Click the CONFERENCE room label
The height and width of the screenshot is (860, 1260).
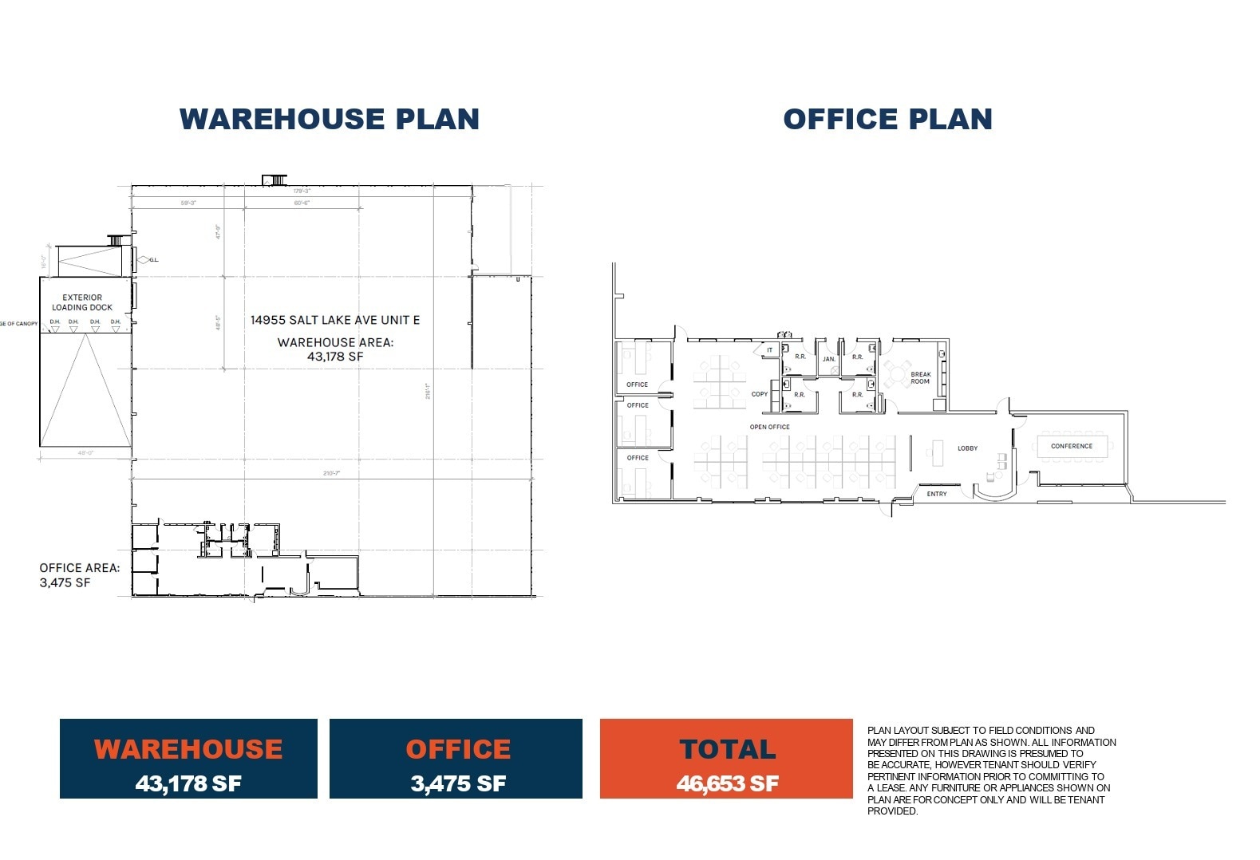click(x=1071, y=446)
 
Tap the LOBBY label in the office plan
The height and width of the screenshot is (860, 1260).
click(x=967, y=448)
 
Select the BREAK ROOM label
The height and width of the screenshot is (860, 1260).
click(x=920, y=377)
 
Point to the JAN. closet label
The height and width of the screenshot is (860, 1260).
click(x=828, y=359)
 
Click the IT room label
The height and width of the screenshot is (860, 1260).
click(x=769, y=350)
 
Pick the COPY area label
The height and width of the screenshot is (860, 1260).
click(x=759, y=394)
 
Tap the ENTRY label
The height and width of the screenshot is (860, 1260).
click(x=936, y=494)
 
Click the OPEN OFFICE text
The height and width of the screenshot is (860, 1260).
click(x=769, y=427)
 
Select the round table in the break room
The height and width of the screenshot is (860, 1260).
click(x=899, y=373)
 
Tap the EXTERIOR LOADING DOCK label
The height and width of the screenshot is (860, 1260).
click(x=82, y=302)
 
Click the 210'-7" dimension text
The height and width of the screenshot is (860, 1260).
click(x=331, y=473)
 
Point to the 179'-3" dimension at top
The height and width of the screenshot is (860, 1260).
click(x=302, y=191)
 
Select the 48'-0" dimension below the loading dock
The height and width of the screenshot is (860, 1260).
click(x=85, y=452)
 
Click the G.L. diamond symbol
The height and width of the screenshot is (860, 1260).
click(x=143, y=259)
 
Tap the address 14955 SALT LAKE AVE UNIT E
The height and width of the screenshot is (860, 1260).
click(x=335, y=320)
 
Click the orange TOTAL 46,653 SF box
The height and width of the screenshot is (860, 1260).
click(x=726, y=758)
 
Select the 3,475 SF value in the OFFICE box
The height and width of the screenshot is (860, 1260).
click(x=457, y=783)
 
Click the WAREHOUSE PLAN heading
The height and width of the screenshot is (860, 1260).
click(x=329, y=119)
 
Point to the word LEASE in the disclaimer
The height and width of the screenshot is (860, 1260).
click(x=891, y=788)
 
